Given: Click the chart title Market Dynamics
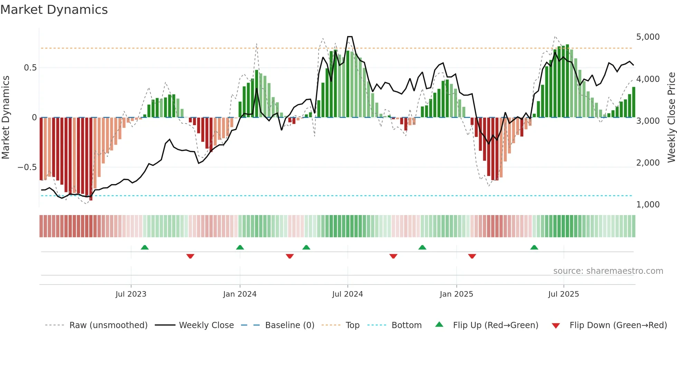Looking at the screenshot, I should click(54, 10).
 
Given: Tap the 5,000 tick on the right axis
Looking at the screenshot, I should click(648, 37).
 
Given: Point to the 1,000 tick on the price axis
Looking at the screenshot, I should click(648, 205).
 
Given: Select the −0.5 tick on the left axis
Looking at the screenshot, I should click(27, 167).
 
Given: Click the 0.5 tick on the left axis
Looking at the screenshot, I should click(30, 68).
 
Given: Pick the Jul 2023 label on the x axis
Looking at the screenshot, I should click(131, 294).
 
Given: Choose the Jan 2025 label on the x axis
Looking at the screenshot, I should click(456, 294).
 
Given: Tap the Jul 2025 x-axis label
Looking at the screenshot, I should click(563, 294).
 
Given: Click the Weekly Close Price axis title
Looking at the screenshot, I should click(671, 118).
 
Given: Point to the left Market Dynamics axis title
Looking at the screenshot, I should click(6, 118).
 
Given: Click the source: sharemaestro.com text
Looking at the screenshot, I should click(608, 271).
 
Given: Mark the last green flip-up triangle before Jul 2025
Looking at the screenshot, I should click(534, 247).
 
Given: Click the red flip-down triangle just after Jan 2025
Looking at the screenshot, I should click(472, 256).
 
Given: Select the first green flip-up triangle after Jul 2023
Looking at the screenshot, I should click(145, 247).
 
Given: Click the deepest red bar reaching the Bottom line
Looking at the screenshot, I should click(91, 159).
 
